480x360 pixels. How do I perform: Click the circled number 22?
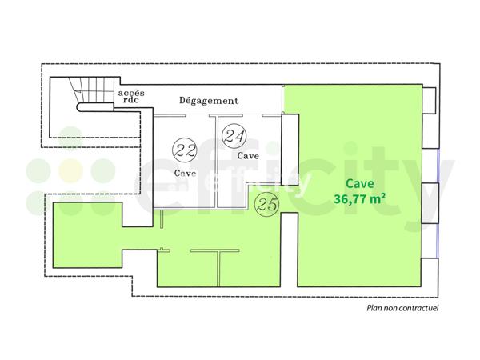click(186, 149)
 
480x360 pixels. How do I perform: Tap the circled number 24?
click(234, 135)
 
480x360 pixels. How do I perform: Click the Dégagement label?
click(208, 101)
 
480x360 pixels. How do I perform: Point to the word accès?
click(131, 93)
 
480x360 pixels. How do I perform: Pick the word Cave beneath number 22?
click(185, 173)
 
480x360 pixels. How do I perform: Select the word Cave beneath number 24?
click(247, 156)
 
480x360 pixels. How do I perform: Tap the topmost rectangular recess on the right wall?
click(429, 99)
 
